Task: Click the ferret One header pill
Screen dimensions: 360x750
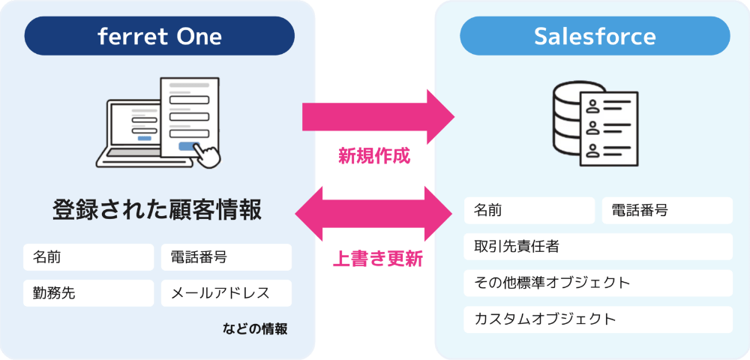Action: (x=159, y=36)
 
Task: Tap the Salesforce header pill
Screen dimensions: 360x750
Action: (x=594, y=36)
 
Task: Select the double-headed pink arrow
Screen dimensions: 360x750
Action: (x=374, y=214)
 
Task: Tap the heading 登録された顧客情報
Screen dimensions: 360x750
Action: (x=157, y=209)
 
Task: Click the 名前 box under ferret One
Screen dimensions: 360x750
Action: (x=88, y=257)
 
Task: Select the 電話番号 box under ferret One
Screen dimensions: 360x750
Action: (x=226, y=257)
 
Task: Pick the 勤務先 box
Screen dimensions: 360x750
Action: (x=88, y=293)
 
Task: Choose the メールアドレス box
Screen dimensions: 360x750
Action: (x=226, y=293)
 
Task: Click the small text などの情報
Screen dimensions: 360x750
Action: (x=255, y=328)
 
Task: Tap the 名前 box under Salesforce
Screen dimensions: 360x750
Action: (x=529, y=211)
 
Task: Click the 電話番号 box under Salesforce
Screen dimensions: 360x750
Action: (x=667, y=211)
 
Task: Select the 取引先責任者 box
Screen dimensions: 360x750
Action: (x=598, y=247)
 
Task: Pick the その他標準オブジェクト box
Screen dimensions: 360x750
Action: (x=598, y=283)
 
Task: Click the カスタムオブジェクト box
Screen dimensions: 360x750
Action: (x=598, y=319)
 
